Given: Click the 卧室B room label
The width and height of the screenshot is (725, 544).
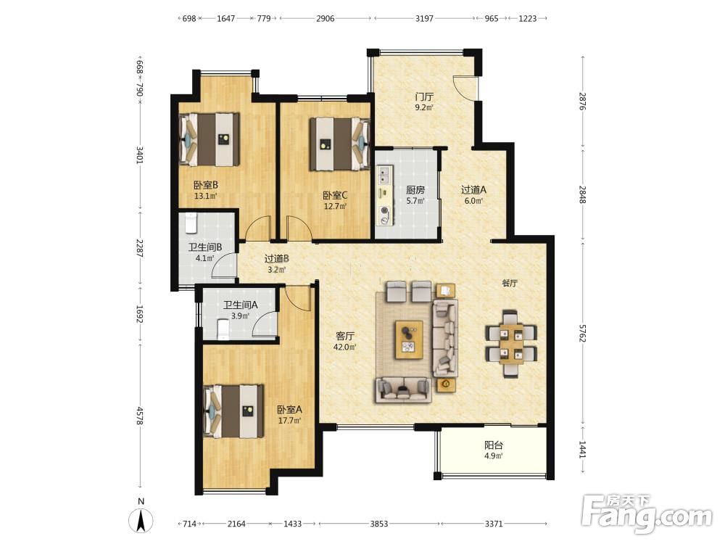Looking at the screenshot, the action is click(x=206, y=185).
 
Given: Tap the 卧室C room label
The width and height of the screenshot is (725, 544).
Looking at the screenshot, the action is click(x=335, y=196).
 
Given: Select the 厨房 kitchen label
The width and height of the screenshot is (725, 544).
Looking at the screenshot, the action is click(x=415, y=189).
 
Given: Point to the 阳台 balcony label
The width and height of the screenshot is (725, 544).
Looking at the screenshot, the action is click(x=493, y=445).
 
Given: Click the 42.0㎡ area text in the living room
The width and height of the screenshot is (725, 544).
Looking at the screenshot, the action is click(x=345, y=347).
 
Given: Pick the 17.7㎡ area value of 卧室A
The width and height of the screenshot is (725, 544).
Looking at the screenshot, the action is click(x=289, y=421).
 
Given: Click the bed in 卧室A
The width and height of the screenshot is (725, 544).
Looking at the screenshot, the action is click(x=234, y=411).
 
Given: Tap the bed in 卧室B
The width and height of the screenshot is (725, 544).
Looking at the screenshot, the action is click(x=210, y=139).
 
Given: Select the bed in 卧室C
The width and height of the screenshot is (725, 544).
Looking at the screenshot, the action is click(x=340, y=144).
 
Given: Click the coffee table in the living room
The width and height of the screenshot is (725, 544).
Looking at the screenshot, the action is click(x=409, y=339).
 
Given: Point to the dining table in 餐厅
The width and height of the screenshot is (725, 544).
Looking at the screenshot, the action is click(x=511, y=344).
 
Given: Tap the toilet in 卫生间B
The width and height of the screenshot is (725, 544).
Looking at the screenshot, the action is click(x=191, y=223).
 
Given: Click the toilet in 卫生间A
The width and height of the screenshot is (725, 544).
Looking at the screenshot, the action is click(x=223, y=330).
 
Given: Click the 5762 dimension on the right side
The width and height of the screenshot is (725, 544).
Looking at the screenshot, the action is click(x=582, y=333).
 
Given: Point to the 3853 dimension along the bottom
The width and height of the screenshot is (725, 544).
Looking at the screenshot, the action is click(x=378, y=524).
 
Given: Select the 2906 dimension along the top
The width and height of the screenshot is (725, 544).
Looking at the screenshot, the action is click(x=325, y=19).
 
